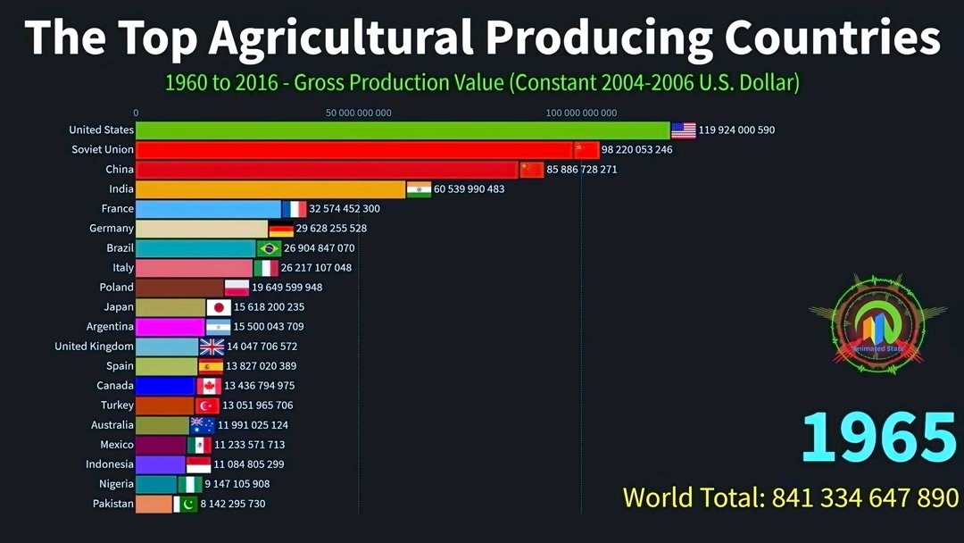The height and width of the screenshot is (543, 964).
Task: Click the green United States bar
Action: (402, 130)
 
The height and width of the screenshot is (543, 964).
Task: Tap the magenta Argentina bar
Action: (170, 327)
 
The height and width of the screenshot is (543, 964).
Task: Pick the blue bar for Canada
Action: (165, 386)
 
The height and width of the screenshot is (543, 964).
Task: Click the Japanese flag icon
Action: (219, 307)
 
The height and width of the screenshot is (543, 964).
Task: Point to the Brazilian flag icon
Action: (269, 248)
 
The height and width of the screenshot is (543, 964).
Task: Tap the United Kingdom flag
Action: (212, 347)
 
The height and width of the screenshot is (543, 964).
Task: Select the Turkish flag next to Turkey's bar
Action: (207, 405)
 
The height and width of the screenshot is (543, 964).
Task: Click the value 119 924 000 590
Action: (736, 130)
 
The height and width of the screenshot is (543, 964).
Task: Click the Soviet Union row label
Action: (103, 150)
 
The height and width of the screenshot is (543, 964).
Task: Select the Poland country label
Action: (116, 288)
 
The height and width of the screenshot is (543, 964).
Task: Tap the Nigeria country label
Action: (116, 484)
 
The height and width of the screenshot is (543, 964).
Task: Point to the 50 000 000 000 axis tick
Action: (359, 113)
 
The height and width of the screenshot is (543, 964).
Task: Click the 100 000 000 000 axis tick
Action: (581, 113)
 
